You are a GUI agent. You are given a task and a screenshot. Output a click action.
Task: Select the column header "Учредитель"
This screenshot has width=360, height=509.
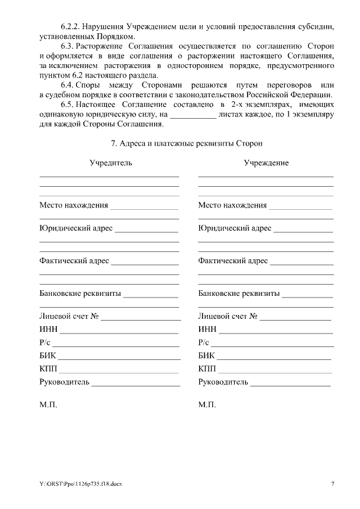coord(111,163)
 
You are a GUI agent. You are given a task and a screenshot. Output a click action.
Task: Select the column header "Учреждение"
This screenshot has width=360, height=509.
coord(266,163)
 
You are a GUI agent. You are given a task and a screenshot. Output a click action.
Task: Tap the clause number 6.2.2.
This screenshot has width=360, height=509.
coord(71,26)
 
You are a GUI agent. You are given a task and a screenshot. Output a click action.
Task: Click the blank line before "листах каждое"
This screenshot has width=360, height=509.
coord(193,116)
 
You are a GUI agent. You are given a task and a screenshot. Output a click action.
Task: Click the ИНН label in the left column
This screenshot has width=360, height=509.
coord(48,329)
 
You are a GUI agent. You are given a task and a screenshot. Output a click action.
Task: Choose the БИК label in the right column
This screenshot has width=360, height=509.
coord(206,355)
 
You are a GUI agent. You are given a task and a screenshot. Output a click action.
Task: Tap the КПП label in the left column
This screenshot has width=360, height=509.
coord(48,369)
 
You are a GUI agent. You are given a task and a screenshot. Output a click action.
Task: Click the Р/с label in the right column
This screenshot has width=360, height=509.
coord(204,343)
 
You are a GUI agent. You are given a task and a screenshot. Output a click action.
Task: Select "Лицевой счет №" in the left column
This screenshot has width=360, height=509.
coord(69,316)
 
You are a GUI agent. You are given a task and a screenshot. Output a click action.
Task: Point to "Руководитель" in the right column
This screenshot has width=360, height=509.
coord(223,382)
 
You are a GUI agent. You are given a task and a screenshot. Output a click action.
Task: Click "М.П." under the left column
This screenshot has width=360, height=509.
coord(48,404)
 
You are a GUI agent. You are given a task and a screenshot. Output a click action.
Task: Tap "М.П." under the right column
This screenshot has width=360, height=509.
coord(207,404)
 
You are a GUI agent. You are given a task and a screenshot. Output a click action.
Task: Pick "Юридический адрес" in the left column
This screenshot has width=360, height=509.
coord(76,228)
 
